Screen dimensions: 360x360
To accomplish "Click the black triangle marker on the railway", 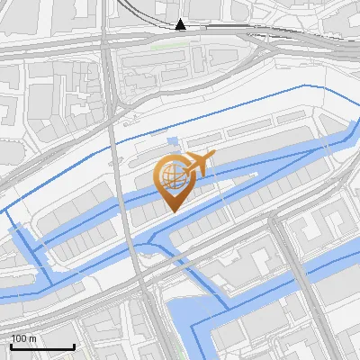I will [181, 24].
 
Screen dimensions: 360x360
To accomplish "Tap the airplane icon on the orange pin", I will [199, 165].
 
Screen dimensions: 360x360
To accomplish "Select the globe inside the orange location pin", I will [171, 174].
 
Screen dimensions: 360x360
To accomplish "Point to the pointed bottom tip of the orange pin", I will [172, 211].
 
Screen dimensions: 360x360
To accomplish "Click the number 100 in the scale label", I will [19, 338].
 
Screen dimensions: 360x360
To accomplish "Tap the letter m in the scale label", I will [32, 338].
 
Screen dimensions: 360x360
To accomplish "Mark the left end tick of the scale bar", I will [11, 346].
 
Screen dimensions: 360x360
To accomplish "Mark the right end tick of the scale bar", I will [74, 346].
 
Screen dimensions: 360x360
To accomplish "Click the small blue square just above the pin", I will [172, 143].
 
